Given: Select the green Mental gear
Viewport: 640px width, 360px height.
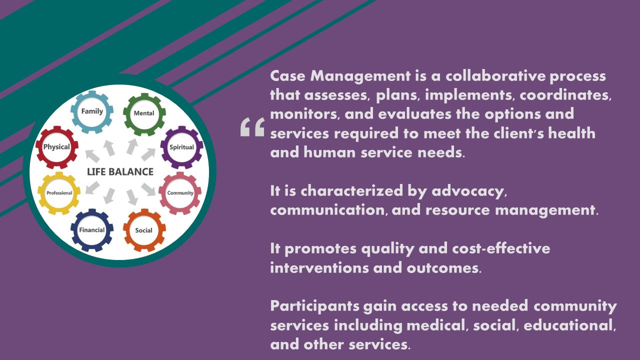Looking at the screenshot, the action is pyautogui.click(x=126, y=114).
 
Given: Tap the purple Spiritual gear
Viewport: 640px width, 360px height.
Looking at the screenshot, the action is pyautogui.click(x=164, y=147).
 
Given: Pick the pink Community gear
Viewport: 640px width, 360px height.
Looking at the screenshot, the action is pyautogui.click(x=162, y=193).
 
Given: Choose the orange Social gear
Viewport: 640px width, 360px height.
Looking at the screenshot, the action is pyautogui.click(x=126, y=230).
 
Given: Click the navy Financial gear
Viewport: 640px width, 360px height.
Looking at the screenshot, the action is pyautogui.click(x=74, y=230).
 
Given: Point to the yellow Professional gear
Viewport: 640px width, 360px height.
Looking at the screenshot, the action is pyautogui.click(x=41, y=193).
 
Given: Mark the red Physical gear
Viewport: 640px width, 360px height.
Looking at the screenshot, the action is pyautogui.click(x=39, y=147).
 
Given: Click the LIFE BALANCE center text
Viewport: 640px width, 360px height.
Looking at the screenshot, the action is pyautogui.click(x=120, y=171).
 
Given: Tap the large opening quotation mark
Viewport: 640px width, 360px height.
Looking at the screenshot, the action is pyautogui.click(x=252, y=127).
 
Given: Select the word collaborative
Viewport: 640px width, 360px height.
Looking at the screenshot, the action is pyautogui.click(x=495, y=76).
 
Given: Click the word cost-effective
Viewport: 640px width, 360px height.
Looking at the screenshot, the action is pyautogui.click(x=501, y=248).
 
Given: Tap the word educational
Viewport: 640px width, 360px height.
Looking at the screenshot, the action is pyautogui.click(x=569, y=325).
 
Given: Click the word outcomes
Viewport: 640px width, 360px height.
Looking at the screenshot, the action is pyautogui.click(x=444, y=268).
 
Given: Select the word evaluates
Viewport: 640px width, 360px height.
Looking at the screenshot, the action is pyautogui.click(x=415, y=114).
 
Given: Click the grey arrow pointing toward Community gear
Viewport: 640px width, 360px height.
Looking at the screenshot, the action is pyautogui.click(x=148, y=189).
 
